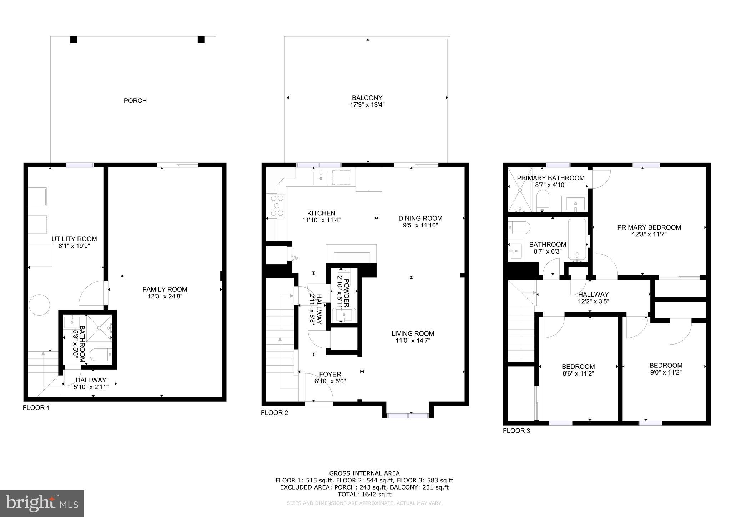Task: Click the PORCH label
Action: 135,101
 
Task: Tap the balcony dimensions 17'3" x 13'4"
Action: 367,105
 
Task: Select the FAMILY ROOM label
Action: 165,289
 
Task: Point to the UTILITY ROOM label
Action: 74,239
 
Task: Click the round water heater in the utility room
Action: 39,305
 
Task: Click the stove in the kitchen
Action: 277,206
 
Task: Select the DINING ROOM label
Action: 420,218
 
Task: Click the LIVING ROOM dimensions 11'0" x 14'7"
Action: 413,341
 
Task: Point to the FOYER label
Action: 330,374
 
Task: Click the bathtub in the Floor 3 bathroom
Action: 577,240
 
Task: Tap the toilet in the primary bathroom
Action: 543,200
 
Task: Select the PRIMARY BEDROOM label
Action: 649,227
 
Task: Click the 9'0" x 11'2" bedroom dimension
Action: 666,372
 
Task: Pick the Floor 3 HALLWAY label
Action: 593,295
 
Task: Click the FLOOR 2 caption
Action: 274,413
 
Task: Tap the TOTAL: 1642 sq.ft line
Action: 364,494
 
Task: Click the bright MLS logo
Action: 42,503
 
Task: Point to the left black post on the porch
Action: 74,40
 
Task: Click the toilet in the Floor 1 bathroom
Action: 101,355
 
